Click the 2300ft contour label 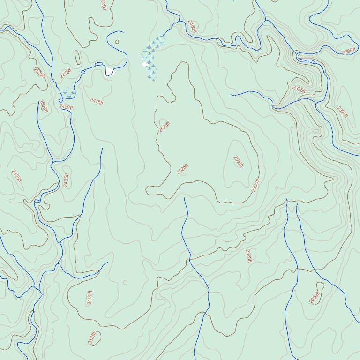pyautogui.click(x=348, y=51)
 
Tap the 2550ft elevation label pyautogui.click(x=238, y=161)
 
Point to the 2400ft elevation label pyautogui.click(x=90, y=298)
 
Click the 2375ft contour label pyautogui.click(x=92, y=337)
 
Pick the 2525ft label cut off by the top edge pyautogui.click(x=103, y=4)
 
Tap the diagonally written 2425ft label pyautogui.click(x=16, y=176)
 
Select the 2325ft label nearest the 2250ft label pyautogui.click(x=248, y=255)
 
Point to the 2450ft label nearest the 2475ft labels pyautogui.click(x=66, y=107)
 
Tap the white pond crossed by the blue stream pyautogui.click(x=110, y=71)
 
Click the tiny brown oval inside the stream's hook pyautogui.click(x=117, y=41)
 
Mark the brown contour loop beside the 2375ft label pyautogui.click(x=96, y=338)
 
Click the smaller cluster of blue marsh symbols pyautogui.click(x=68, y=93)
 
